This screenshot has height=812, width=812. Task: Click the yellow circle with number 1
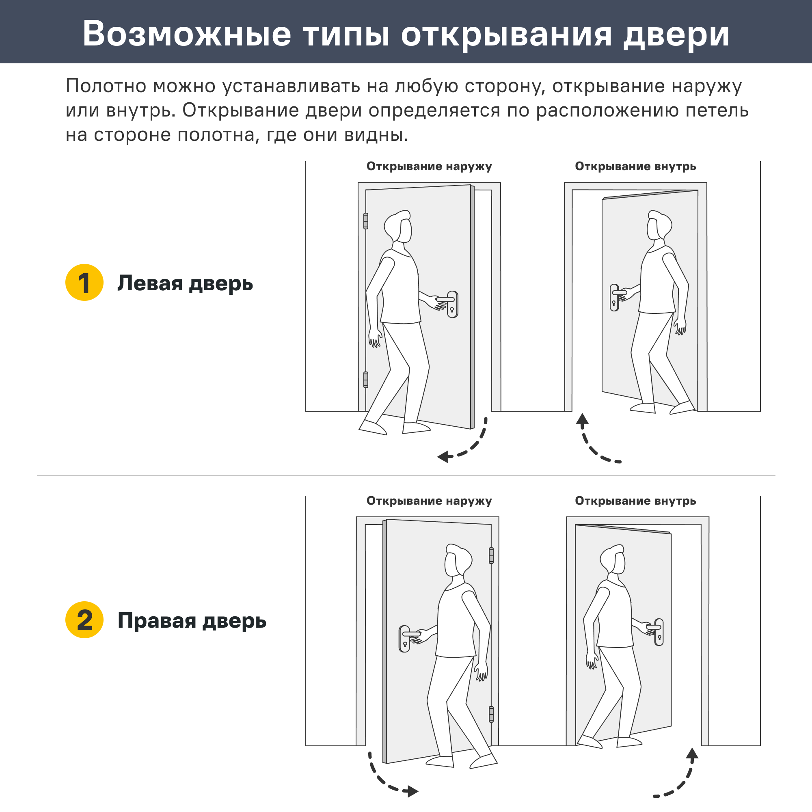[84, 283]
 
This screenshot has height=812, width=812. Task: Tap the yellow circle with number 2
[84, 620]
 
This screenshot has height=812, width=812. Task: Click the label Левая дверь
[185, 283]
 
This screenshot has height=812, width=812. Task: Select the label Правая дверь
[192, 620]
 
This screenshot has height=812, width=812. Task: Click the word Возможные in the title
[187, 34]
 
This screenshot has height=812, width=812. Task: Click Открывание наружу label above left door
[429, 166]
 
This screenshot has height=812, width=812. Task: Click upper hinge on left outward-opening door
[366, 221]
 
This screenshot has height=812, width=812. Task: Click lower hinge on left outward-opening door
[366, 380]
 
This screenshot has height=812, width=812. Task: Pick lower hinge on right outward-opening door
[491, 714]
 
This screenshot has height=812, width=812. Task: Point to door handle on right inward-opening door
[658, 632]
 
